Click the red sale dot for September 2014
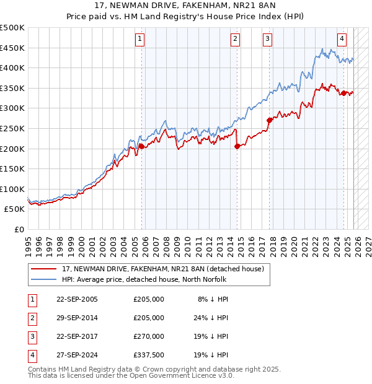click(x=237, y=147)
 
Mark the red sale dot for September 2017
click(x=269, y=120)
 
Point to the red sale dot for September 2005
click(x=142, y=147)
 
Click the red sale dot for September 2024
click(x=343, y=93)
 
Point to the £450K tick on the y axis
click(x=13, y=48)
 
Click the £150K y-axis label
click(x=13, y=168)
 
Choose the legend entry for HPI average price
click(x=144, y=279)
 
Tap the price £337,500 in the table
click(x=149, y=355)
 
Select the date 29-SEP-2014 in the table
click(x=77, y=318)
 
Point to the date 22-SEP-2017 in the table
click(x=77, y=336)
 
